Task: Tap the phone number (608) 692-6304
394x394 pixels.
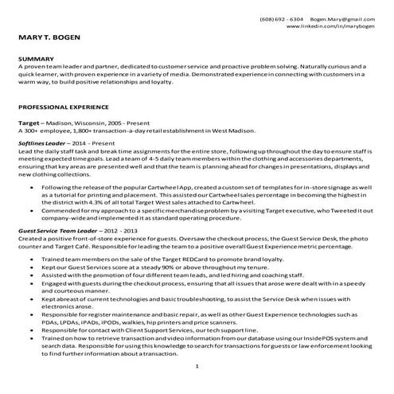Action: click(x=282, y=18)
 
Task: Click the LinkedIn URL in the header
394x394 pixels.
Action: click(x=330, y=26)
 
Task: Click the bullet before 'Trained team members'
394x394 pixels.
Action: click(x=30, y=260)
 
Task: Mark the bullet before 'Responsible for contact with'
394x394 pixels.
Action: click(x=30, y=328)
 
